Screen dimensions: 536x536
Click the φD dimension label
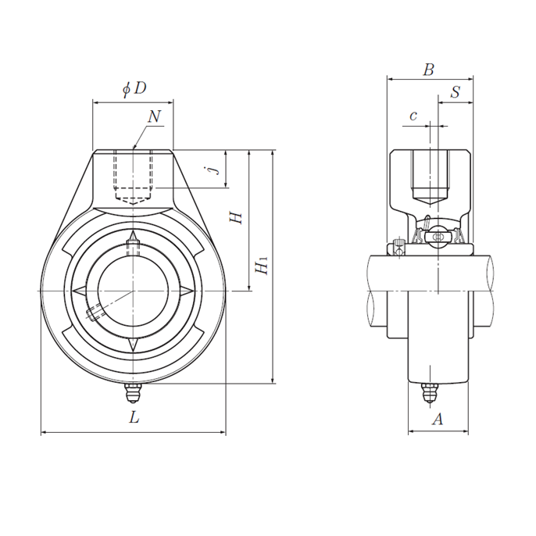(x=134, y=88)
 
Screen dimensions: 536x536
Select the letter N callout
(x=154, y=116)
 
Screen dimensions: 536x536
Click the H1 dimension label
(x=262, y=266)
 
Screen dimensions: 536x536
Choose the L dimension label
(x=134, y=417)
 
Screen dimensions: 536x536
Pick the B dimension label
(x=428, y=70)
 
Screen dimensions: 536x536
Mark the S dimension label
(x=456, y=91)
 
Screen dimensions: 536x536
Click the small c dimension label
(x=413, y=116)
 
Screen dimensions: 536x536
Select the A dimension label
(x=438, y=419)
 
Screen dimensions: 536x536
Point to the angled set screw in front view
(x=95, y=313)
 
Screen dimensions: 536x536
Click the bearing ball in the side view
(x=438, y=237)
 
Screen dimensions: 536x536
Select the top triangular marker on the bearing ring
(x=133, y=236)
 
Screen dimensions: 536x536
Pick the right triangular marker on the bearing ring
(x=186, y=291)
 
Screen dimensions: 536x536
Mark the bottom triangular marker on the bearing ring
(x=133, y=345)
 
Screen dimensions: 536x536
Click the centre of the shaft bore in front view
(x=133, y=291)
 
